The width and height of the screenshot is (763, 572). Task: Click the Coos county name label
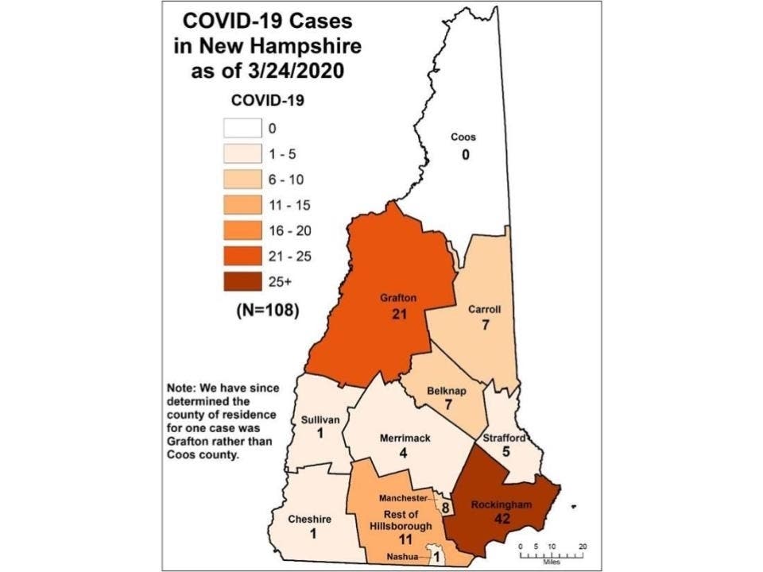[x=466, y=137]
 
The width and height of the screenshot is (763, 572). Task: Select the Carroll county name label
[x=484, y=309]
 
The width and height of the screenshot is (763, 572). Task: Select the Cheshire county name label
[x=308, y=520]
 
